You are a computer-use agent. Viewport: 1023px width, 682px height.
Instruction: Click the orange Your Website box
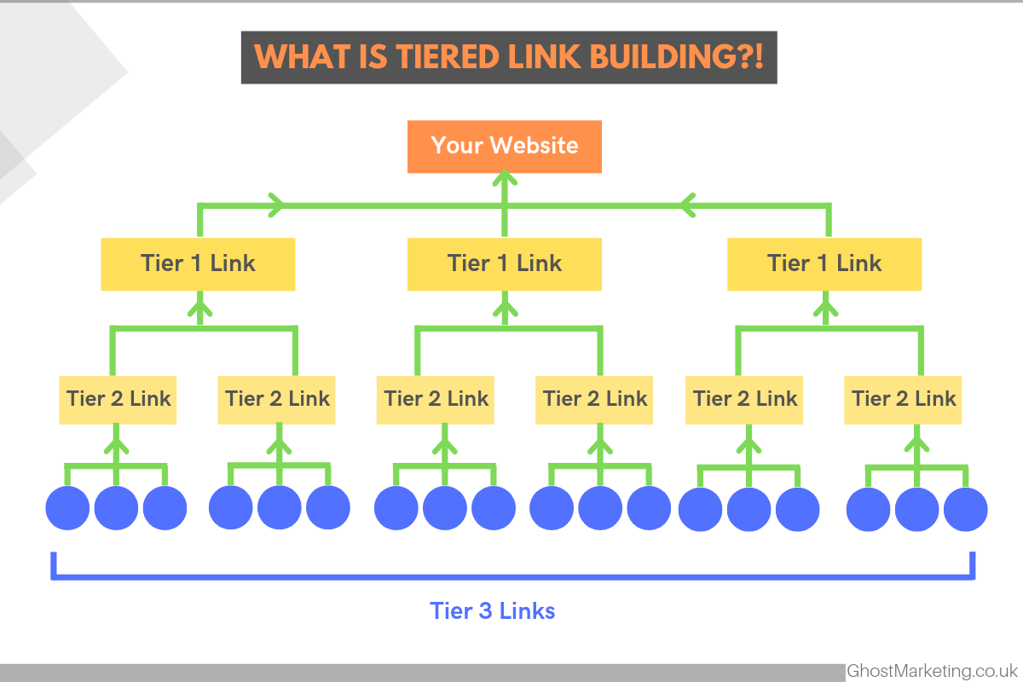click(x=504, y=147)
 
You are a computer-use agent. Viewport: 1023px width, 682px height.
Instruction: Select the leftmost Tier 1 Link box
click(x=198, y=264)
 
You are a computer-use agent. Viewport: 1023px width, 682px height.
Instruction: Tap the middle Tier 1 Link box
click(x=504, y=264)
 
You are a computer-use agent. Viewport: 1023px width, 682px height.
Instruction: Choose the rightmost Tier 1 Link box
click(x=824, y=264)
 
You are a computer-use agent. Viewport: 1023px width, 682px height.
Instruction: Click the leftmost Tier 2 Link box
click(x=118, y=400)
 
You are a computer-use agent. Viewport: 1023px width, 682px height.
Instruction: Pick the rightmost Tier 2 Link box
click(x=903, y=400)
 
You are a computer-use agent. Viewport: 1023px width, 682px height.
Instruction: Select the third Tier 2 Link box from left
click(x=436, y=400)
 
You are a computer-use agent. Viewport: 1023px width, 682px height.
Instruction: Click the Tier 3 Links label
click(x=493, y=610)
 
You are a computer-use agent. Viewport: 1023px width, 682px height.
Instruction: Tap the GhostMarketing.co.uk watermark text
click(x=932, y=671)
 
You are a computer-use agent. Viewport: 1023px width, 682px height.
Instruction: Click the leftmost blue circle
click(x=67, y=508)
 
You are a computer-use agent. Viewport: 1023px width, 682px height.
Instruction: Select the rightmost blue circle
click(x=965, y=509)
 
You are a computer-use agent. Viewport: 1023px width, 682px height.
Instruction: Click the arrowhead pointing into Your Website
click(x=505, y=177)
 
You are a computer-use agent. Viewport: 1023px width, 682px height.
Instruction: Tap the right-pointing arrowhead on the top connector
click(x=277, y=205)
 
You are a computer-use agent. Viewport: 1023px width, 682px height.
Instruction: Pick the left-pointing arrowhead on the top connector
click(x=688, y=205)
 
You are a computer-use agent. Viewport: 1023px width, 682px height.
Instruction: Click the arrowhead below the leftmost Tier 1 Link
click(x=200, y=305)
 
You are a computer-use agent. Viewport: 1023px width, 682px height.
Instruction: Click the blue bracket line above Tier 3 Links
click(x=512, y=577)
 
